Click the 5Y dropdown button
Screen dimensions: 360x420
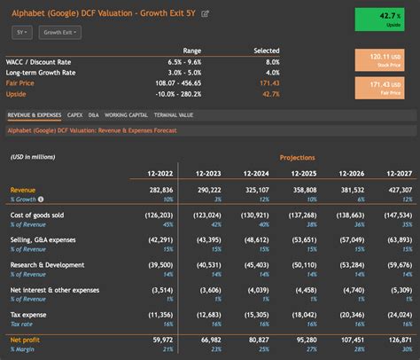(x=21, y=32)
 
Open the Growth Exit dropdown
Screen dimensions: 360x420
(x=61, y=32)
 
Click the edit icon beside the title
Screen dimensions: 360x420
(x=206, y=13)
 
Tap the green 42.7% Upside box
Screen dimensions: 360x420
(x=384, y=19)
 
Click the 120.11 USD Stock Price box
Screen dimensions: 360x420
(x=384, y=59)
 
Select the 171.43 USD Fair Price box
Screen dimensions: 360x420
(x=384, y=87)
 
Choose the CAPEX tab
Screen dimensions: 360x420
(x=75, y=114)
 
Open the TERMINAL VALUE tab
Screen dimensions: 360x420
(x=173, y=114)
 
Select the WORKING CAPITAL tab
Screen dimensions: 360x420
(x=127, y=114)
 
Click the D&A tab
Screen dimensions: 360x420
(x=94, y=114)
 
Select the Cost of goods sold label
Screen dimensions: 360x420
(x=37, y=215)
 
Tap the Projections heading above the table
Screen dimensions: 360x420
(x=297, y=157)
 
